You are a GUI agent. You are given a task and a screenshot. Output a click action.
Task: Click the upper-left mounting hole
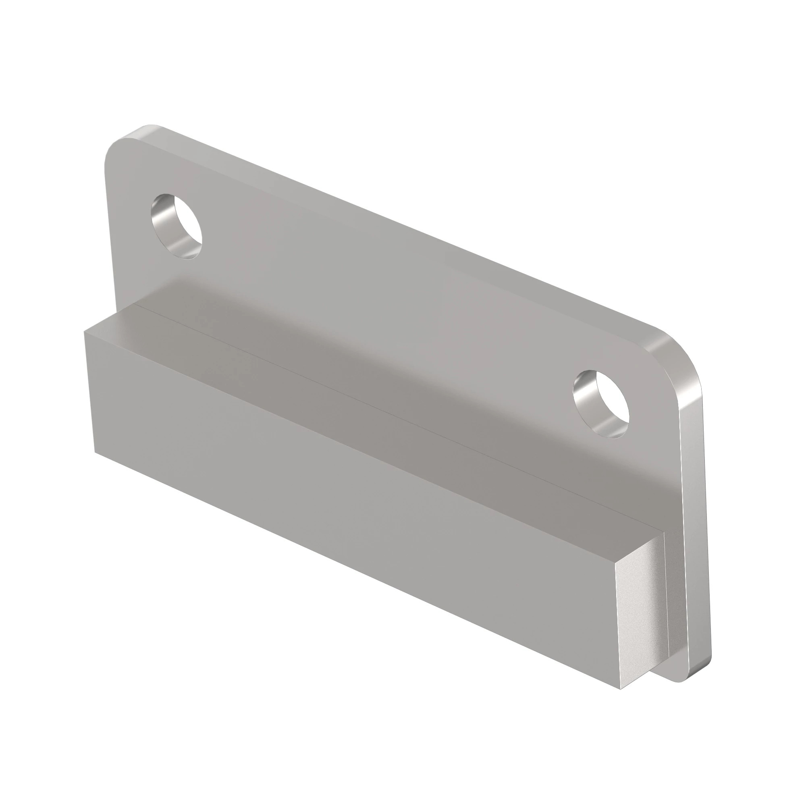tap(177, 226)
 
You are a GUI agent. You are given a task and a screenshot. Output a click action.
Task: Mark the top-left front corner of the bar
tap(85, 332)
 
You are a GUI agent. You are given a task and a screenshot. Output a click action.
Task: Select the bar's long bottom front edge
tap(355, 569)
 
